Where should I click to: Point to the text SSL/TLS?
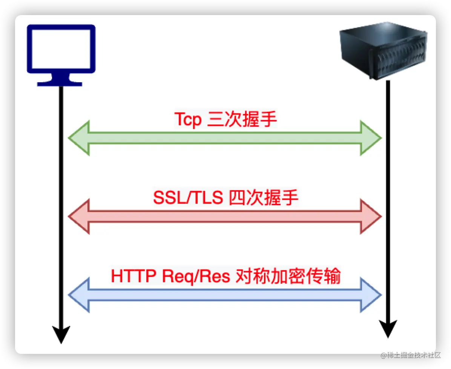pos(188,198)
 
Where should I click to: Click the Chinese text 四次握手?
pos(264,198)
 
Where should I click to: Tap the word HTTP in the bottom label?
pos(133,277)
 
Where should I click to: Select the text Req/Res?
pos(196,277)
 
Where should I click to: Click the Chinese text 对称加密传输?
pos(288,277)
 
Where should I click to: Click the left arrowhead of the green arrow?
pos(79,138)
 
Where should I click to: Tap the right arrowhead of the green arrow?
pos(371,138)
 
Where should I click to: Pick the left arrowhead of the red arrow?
pos(79,216)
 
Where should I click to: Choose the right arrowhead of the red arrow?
pos(371,216)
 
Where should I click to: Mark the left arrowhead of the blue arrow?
pos(79,295)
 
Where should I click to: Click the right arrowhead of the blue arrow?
pos(371,295)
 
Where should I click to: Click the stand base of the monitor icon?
pos(60,83)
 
